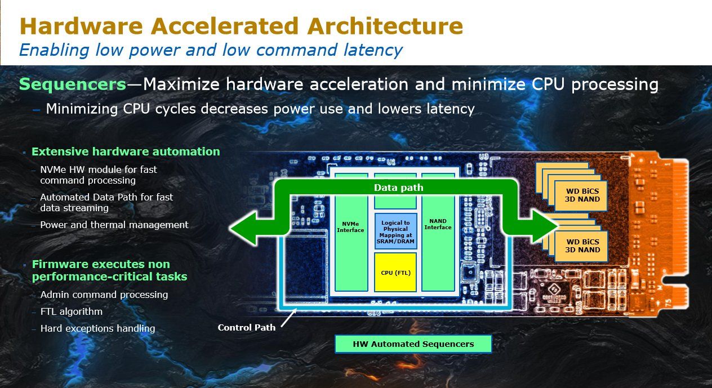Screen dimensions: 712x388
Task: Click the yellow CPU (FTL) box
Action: tap(395, 273)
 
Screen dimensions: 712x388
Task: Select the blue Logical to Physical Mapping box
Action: tap(395, 232)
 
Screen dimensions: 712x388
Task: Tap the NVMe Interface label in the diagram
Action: tap(350, 227)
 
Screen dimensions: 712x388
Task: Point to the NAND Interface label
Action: tap(438, 224)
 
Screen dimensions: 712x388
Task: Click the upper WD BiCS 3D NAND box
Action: tap(581, 195)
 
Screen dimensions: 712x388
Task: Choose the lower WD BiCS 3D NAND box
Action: tap(581, 246)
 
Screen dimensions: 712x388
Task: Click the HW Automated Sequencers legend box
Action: tap(413, 344)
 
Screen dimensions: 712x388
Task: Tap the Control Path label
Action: tap(246, 328)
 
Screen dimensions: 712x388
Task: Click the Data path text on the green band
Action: tap(399, 188)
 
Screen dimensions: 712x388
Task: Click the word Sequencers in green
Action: tap(73, 84)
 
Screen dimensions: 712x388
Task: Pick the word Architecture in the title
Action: tap(385, 26)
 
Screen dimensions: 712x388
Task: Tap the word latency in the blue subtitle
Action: tap(373, 50)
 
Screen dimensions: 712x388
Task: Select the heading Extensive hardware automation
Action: tap(126, 151)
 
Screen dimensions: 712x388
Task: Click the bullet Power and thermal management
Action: tap(114, 225)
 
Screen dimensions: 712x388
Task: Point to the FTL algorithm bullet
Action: tap(72, 311)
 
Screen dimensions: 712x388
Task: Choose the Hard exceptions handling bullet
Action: tap(97, 328)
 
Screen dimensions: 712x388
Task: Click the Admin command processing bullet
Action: tap(104, 295)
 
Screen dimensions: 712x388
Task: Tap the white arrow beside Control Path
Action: tap(289, 318)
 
